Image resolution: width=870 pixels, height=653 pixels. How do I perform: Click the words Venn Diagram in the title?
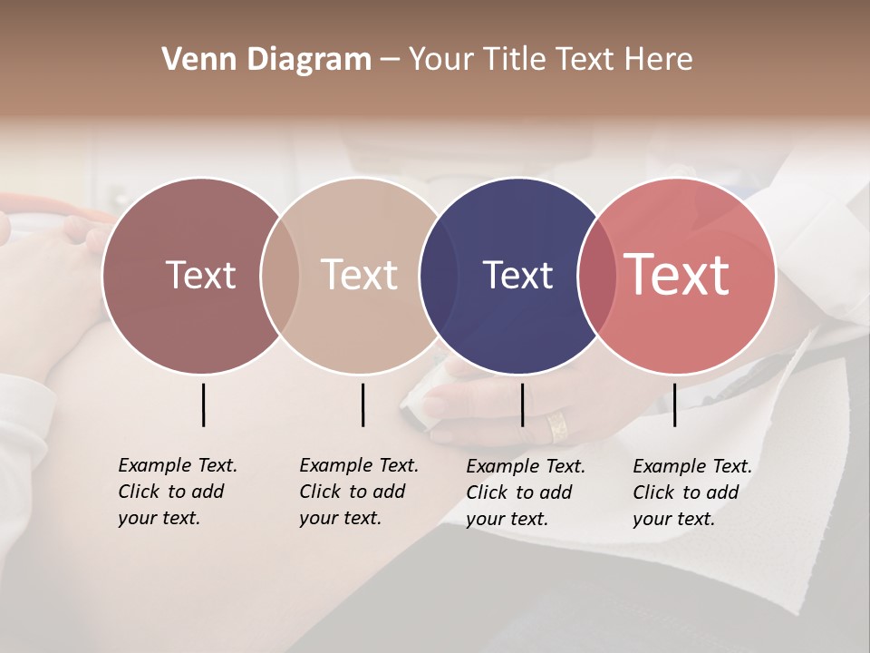pos(266,60)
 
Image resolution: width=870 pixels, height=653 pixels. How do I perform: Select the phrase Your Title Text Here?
pos(550,60)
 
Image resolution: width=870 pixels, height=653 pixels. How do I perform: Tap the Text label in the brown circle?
pos(200,275)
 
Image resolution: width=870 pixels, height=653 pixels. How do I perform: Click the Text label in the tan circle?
pos(359,275)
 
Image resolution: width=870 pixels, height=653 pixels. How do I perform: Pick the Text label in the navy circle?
pos(517,275)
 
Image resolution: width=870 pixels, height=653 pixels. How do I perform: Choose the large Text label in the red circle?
pos(676,275)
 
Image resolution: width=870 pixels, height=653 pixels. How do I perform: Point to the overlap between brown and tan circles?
pos(280,275)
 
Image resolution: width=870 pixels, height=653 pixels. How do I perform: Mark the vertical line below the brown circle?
pos(203,404)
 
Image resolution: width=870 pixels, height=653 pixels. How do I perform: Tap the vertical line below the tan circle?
pos(362,404)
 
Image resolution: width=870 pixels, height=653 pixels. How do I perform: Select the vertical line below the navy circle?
pos(522,404)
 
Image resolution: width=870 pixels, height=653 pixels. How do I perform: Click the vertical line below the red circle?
pos(674,404)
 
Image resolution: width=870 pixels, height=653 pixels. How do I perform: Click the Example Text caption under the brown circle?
pos(178,492)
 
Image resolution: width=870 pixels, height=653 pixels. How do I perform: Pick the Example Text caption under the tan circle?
pos(359,492)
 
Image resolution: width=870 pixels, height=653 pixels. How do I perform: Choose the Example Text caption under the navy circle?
pos(526,492)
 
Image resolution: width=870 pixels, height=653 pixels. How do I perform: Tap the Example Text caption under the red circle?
pos(692,492)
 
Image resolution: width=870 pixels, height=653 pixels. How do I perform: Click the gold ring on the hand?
pos(557,426)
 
